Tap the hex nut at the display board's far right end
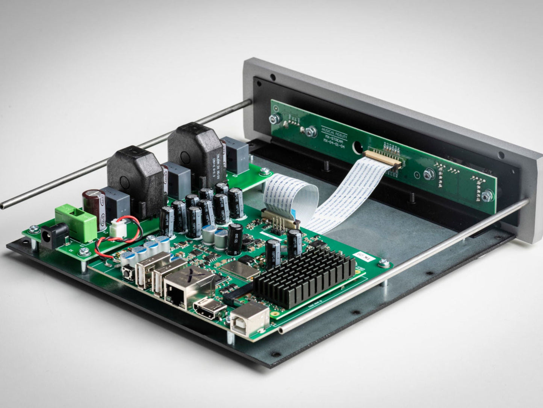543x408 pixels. point(487,195)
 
